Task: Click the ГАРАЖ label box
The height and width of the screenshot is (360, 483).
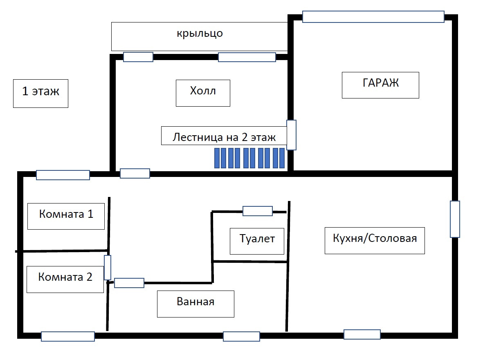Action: tap(380, 85)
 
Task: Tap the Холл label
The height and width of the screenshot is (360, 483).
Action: tap(203, 93)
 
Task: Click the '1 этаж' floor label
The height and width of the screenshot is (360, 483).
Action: tap(40, 93)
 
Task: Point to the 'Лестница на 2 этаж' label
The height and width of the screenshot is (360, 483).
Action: tap(224, 136)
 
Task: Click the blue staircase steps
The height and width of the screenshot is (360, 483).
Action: tap(249, 158)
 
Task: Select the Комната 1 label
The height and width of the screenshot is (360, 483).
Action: tap(66, 215)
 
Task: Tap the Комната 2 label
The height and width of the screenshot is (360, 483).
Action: tap(65, 279)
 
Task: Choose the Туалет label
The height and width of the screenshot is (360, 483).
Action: tap(257, 241)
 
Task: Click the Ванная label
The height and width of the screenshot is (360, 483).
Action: tap(195, 304)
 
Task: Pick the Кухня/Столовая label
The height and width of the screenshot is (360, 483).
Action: tap(375, 241)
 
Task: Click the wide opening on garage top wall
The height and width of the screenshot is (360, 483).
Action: tap(373, 17)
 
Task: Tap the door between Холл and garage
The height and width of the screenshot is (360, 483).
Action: tap(291, 135)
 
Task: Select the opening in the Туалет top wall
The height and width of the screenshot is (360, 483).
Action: tap(258, 211)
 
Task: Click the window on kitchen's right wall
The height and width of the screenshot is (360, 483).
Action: tap(455, 219)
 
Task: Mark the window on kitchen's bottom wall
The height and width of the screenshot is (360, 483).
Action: tap(362, 334)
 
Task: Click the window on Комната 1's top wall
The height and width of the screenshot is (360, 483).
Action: tap(63, 175)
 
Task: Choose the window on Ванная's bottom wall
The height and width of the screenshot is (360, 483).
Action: tap(241, 336)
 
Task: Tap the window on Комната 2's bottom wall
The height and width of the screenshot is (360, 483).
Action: tap(68, 336)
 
